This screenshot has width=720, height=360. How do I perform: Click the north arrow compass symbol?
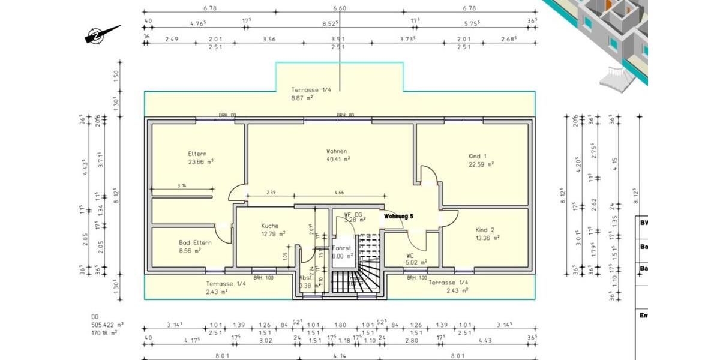[103, 35]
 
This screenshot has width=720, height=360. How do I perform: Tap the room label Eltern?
[197, 154]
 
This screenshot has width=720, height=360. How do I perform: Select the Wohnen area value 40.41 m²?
[338, 160]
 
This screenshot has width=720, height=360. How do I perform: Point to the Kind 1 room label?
[478, 156]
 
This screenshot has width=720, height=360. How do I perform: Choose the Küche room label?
[269, 226]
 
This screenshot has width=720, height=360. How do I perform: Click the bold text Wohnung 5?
[399, 216]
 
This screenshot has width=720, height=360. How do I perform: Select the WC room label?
[410, 255]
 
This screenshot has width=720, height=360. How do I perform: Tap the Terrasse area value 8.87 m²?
[302, 97]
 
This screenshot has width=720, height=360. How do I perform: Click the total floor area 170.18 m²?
[104, 332]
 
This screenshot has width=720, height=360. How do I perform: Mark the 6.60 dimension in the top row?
[339, 8]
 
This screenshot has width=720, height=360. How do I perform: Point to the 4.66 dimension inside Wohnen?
[339, 193]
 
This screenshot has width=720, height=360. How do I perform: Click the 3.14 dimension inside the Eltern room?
[182, 186]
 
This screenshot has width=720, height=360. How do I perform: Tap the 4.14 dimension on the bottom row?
[339, 355]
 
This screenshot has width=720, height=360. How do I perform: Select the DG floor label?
[95, 316]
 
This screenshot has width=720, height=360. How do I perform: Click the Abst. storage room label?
[306, 278]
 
